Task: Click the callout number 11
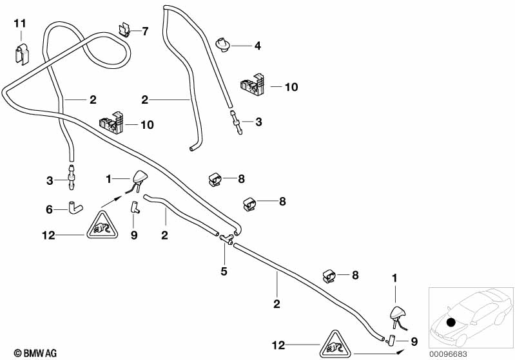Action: (x=20, y=24)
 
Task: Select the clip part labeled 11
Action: (x=21, y=50)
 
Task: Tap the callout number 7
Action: (x=145, y=31)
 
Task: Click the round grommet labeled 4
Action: (x=223, y=44)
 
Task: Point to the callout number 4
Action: (x=257, y=46)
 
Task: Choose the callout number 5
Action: (x=224, y=271)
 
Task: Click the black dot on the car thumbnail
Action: (x=451, y=322)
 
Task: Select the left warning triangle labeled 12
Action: (x=102, y=226)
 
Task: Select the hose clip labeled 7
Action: (x=126, y=30)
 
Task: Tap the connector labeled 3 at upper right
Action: (x=237, y=122)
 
